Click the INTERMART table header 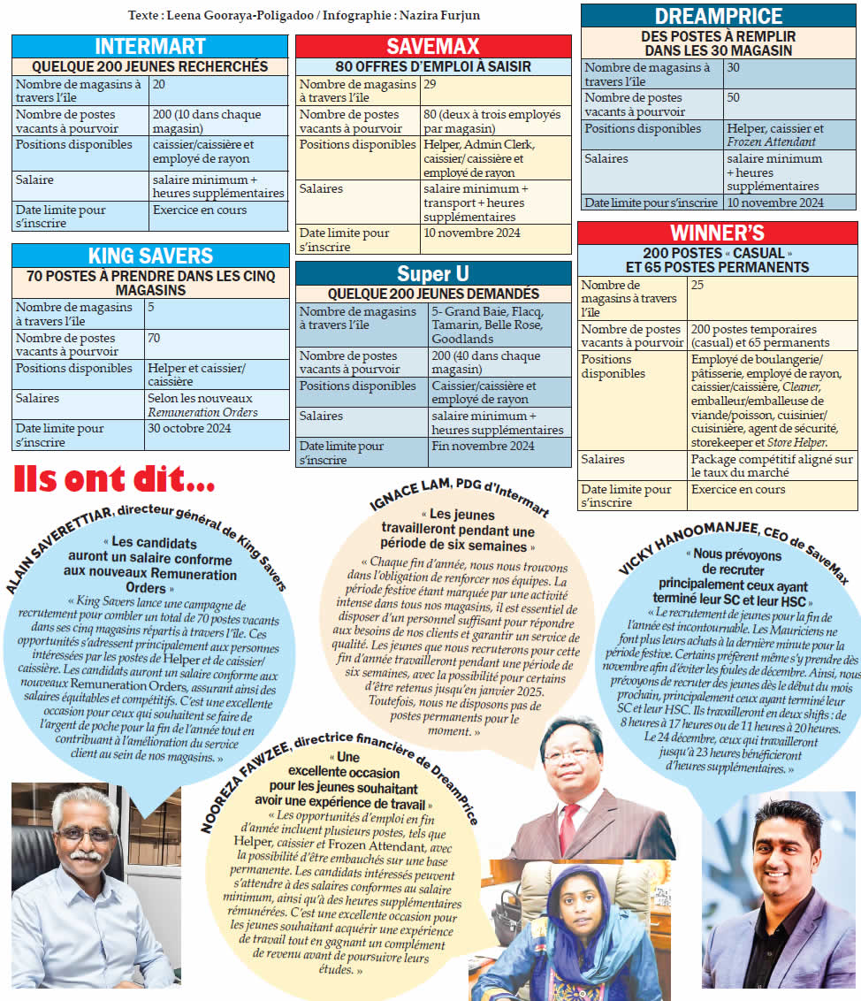tap(150, 47)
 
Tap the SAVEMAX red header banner tap(432, 47)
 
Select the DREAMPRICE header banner tap(718, 16)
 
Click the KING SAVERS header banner tap(150, 256)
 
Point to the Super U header tap(432, 273)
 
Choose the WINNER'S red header tap(717, 233)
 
